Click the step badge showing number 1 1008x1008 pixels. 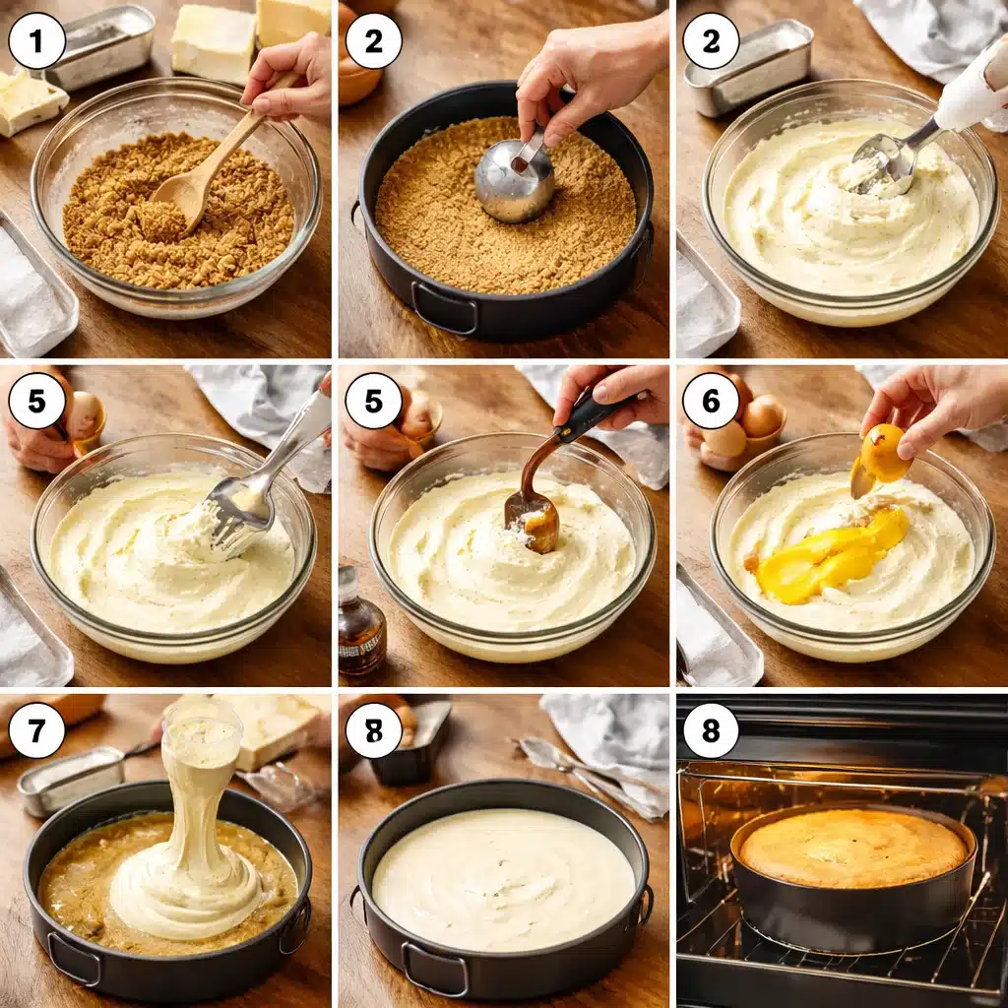(x=37, y=41)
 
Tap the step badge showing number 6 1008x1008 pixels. (x=711, y=401)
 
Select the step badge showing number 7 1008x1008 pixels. (x=37, y=731)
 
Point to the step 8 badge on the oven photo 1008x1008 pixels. (x=711, y=731)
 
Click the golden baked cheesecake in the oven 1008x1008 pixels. (x=852, y=847)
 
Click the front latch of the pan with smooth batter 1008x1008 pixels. (x=433, y=970)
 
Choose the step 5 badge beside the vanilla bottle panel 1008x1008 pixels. (x=374, y=401)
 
